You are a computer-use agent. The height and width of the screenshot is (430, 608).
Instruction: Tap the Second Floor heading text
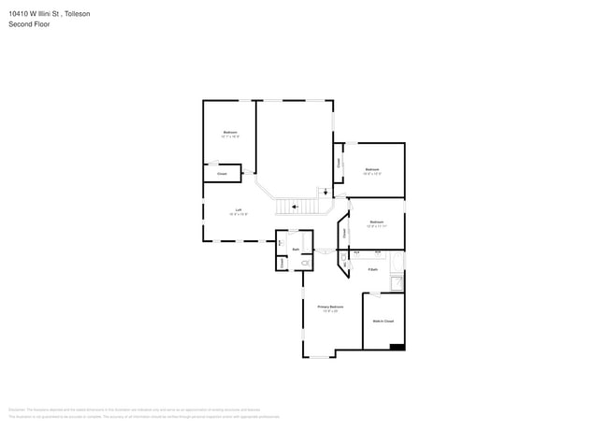(x=29, y=24)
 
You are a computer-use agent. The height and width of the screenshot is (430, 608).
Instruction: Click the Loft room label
(x=239, y=210)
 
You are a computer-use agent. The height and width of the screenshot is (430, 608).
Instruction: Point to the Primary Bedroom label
(x=330, y=307)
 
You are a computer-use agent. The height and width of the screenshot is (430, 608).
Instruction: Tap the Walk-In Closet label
(x=384, y=321)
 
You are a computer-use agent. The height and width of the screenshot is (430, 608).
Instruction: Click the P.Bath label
(x=372, y=270)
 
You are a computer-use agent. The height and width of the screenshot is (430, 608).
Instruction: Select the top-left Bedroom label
(x=230, y=132)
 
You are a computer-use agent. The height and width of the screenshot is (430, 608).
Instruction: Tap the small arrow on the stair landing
(x=325, y=193)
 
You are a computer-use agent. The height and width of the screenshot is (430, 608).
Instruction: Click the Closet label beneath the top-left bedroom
(x=222, y=174)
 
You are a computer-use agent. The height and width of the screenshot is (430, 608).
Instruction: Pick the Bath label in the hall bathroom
(x=297, y=250)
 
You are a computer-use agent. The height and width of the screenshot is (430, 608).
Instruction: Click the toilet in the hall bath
(x=304, y=265)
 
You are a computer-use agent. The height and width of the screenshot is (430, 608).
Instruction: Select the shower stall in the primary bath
(x=398, y=281)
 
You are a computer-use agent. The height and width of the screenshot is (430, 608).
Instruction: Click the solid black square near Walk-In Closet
(x=398, y=347)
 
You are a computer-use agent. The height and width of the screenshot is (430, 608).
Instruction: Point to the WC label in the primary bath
(x=344, y=266)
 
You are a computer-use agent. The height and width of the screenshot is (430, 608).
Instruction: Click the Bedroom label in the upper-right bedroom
(x=372, y=169)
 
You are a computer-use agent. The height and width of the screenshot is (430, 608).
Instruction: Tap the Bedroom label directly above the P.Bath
(x=376, y=222)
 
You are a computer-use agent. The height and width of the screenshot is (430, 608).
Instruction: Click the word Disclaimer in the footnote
(x=16, y=408)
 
